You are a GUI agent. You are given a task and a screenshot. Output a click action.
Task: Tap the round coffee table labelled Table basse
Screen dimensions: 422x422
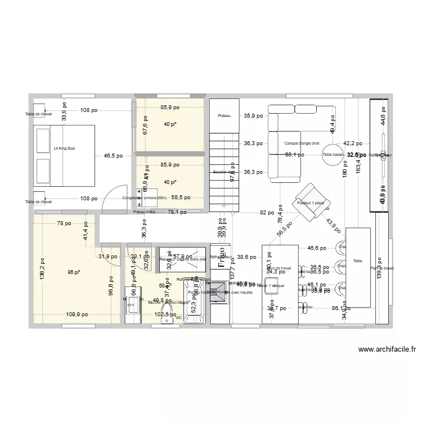(333, 155)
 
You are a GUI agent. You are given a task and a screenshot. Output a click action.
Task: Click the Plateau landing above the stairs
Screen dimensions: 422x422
(225, 115)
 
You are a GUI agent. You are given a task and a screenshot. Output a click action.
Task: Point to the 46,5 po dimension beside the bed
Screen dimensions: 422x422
(113, 156)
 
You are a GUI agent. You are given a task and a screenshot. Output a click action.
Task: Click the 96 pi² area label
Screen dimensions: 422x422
(74, 272)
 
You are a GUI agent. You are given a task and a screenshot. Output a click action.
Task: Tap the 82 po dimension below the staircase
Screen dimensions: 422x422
(267, 213)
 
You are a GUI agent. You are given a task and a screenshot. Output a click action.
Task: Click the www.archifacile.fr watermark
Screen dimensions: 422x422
(386, 349)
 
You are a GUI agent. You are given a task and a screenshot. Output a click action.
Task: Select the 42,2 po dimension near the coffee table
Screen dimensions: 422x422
(353, 143)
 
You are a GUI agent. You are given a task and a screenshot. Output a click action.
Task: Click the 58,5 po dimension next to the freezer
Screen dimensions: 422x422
(181, 197)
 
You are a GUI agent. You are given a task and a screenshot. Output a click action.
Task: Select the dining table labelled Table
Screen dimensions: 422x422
(358, 267)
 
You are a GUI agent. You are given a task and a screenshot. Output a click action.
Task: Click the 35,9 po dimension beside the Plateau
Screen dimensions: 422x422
(253, 116)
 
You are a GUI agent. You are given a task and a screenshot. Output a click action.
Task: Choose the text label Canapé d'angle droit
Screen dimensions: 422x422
(302, 143)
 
